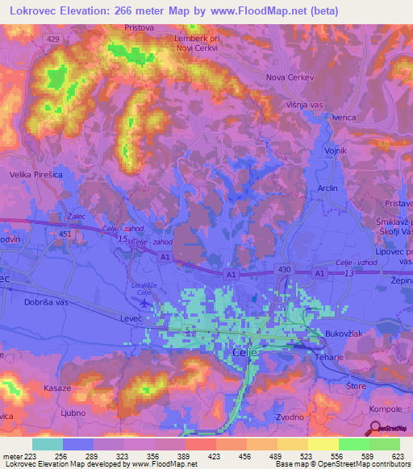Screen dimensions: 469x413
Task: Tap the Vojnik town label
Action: [335, 151]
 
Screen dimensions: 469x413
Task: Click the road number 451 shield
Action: [66, 234]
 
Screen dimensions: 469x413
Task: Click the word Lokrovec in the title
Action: [34, 10]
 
